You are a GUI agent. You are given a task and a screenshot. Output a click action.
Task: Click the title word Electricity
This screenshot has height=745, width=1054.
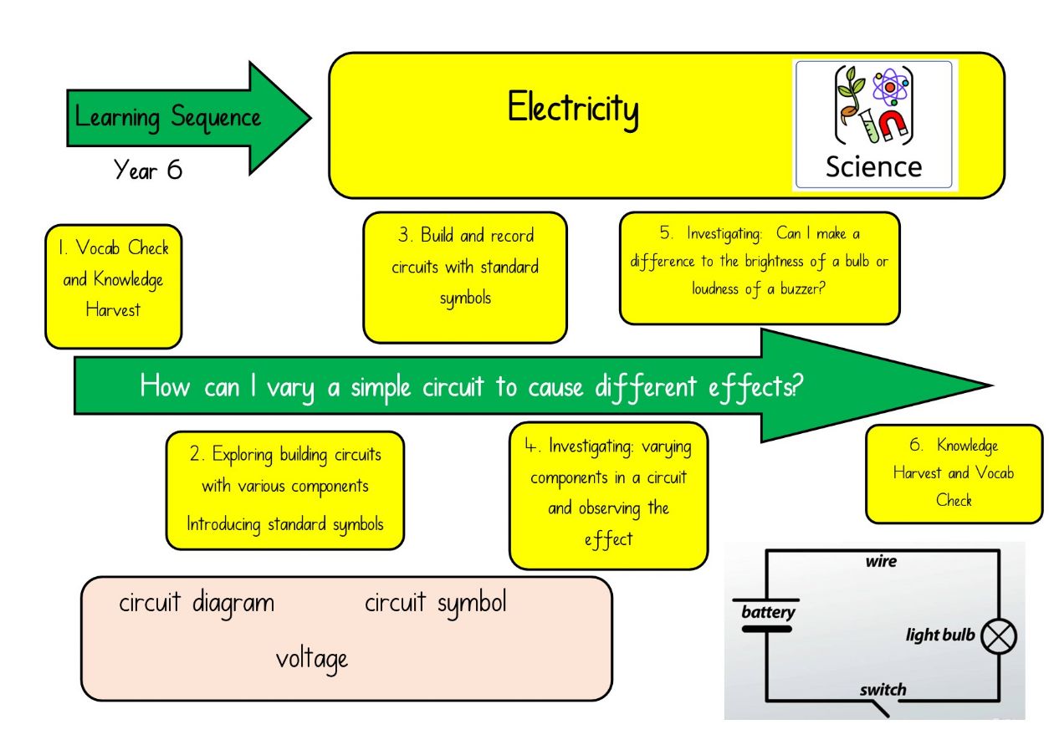click(x=573, y=109)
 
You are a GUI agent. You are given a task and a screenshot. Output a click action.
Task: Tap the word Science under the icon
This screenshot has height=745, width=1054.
click(x=874, y=167)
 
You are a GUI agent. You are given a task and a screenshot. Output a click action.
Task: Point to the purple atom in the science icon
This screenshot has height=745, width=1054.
click(x=890, y=88)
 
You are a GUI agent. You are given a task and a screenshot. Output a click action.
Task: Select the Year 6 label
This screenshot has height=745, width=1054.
click(x=148, y=169)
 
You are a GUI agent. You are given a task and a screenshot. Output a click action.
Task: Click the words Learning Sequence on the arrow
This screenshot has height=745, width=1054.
click(x=167, y=117)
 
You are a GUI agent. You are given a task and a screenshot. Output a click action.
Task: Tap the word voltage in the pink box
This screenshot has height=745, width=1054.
click(x=311, y=660)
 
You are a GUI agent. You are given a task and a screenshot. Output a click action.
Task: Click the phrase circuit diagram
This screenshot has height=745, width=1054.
click(x=197, y=604)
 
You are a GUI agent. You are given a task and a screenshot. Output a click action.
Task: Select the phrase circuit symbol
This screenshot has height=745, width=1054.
click(x=435, y=604)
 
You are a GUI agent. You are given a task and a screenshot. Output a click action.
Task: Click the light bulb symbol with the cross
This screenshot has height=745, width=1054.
click(x=999, y=636)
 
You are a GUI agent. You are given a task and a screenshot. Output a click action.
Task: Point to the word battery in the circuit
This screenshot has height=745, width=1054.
click(x=768, y=612)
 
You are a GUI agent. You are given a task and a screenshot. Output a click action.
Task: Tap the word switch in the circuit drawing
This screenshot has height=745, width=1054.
click(x=883, y=690)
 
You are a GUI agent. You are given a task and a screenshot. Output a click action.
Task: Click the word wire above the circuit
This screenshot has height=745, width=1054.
click(x=881, y=561)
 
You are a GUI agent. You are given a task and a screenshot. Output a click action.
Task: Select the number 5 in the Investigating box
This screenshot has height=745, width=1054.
click(x=666, y=232)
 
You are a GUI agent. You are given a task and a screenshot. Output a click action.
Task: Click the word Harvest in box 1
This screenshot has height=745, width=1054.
click(x=113, y=310)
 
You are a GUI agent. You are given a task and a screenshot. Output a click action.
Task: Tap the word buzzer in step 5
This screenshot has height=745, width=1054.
click(x=803, y=288)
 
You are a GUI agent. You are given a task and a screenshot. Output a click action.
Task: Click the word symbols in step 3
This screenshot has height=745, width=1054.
click(x=465, y=299)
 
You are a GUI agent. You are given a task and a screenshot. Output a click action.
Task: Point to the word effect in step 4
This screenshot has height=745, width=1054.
click(x=608, y=539)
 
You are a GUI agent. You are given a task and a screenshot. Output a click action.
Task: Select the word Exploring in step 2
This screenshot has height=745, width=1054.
click(x=243, y=455)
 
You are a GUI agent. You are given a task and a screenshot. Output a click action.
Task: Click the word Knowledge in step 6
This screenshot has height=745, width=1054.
click(x=967, y=446)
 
